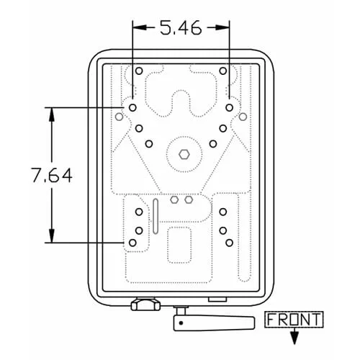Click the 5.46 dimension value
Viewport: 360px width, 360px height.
181,28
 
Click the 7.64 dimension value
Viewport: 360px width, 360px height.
52,175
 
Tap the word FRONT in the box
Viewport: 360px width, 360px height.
294,320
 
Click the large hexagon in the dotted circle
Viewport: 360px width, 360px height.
184,155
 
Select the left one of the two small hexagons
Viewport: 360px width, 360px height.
174,199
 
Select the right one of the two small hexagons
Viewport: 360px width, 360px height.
189,199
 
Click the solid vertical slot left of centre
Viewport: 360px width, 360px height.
156,216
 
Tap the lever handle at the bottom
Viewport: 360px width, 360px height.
214,323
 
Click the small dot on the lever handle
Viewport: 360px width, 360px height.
181,323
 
